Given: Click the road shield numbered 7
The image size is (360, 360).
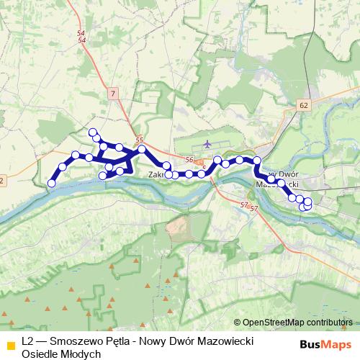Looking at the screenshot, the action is coord(113,93).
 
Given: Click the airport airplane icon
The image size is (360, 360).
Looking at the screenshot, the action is coord(207,143).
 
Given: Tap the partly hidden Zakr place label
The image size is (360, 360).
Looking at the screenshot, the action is coord(156,174).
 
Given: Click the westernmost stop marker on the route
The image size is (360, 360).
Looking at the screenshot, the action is coord(51,184).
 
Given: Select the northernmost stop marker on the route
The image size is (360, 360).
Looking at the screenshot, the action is coord(92,132).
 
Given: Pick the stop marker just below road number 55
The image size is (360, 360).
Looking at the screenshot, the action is coord(142,149).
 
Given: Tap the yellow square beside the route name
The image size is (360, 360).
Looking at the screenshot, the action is coord(10,344).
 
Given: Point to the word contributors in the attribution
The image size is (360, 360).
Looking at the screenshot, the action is coord(329,323).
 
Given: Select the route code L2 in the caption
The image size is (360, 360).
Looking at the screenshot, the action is coord(28,339).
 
